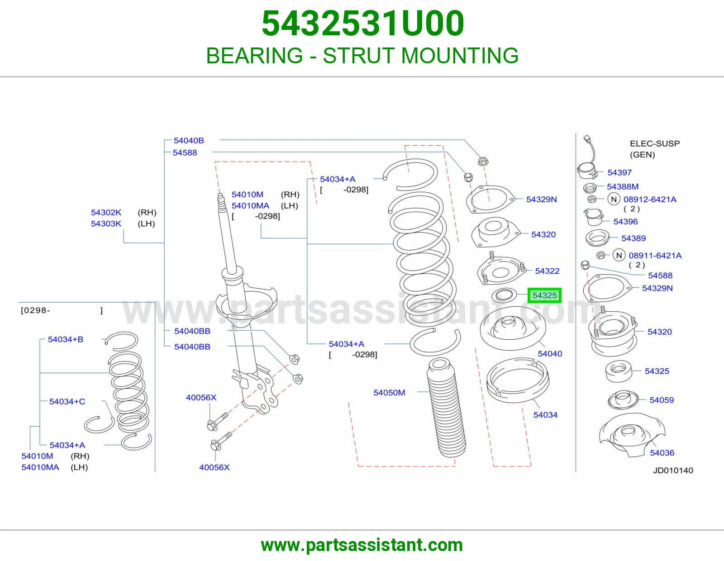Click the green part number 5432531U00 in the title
coord(363,24)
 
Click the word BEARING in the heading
coord(254,55)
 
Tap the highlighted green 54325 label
coord(544,295)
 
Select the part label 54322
coord(547,271)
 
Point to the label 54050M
coord(389,392)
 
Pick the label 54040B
coord(189,141)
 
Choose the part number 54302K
coord(106,213)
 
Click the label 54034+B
coord(65,339)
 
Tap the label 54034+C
coord(67,401)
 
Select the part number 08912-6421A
coord(650,200)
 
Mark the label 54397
coord(619,172)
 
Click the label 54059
coord(662,400)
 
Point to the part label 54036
coord(662,453)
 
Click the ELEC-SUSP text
coord(655,143)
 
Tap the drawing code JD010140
coord(673,471)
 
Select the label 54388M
coord(622,186)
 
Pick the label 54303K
coord(106,223)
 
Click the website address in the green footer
coord(362,545)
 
